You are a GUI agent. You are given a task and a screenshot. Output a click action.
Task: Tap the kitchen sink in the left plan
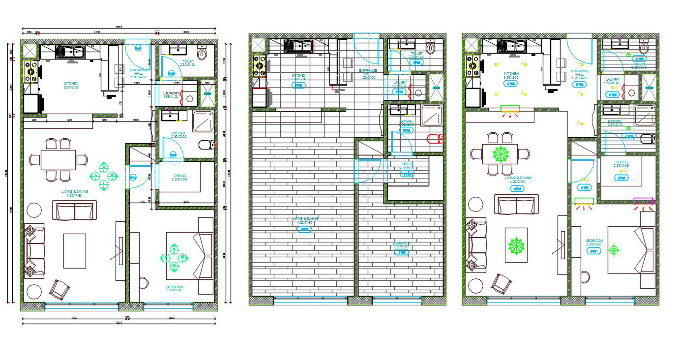[71, 51]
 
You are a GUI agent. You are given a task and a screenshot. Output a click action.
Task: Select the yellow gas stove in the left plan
[30, 72]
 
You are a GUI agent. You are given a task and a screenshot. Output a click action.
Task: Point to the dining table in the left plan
[58, 159]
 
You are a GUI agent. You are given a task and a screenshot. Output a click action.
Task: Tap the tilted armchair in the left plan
[59, 289]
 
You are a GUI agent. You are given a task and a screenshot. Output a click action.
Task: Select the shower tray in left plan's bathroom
[203, 121]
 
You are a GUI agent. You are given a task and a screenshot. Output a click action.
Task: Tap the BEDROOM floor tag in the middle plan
[402, 252]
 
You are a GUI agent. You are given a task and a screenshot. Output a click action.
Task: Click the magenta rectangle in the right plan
[643, 201]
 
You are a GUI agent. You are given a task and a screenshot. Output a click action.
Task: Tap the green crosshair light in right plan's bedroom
[613, 250]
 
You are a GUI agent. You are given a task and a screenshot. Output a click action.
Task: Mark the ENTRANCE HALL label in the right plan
[580, 74]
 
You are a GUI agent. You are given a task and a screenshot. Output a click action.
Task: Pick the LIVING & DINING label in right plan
[518, 180]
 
